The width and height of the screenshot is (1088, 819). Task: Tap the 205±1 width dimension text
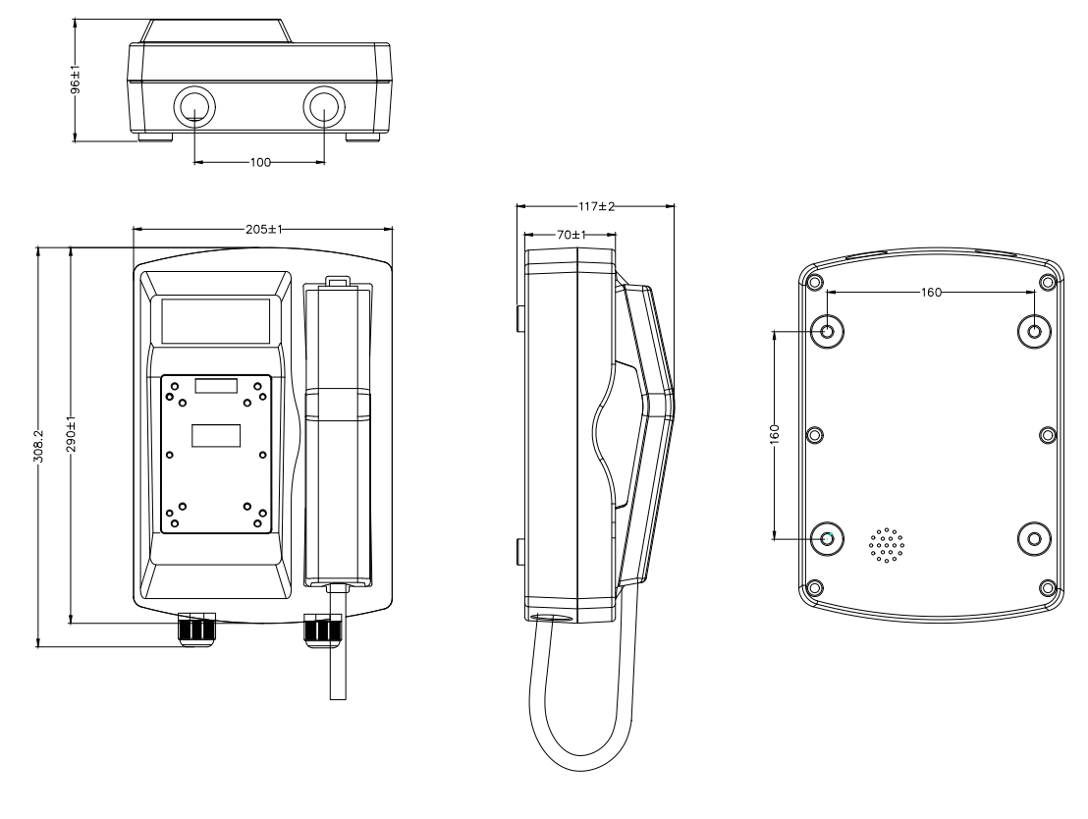pos(262,229)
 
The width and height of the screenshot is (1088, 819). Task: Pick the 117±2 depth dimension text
pos(595,206)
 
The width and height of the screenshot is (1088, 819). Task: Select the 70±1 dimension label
pos(569,236)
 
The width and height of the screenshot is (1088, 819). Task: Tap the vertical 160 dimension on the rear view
pos(774,433)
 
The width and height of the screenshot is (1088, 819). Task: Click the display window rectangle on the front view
pos(215,319)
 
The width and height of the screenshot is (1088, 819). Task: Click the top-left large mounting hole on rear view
pos(828,331)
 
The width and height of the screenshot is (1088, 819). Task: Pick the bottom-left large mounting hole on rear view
pos(828,537)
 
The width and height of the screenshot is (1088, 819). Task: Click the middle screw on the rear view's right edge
pos(1047,434)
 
